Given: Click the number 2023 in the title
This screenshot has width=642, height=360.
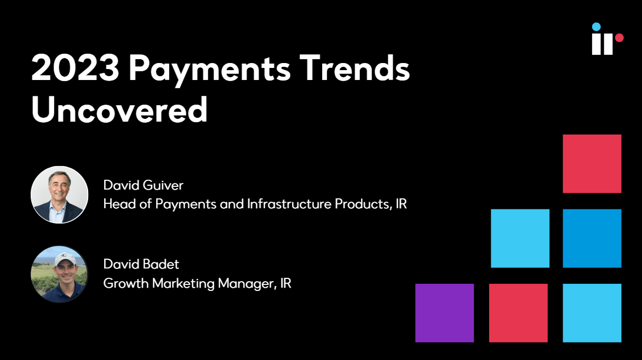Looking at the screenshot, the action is [x=76, y=68].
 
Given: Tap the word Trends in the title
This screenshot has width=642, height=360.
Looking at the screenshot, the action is [x=354, y=68].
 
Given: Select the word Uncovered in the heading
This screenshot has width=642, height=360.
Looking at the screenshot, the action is [x=119, y=110].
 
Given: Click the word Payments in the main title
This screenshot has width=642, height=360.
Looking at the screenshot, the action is [x=210, y=70].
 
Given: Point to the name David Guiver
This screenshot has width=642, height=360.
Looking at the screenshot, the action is [x=144, y=185].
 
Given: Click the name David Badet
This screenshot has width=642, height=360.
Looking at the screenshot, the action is [x=141, y=264].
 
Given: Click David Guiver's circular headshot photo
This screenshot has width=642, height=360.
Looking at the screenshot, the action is [x=59, y=195].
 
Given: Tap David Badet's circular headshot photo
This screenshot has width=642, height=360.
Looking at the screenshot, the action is [x=59, y=274].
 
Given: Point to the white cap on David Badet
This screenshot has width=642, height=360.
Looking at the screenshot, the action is [x=65, y=259].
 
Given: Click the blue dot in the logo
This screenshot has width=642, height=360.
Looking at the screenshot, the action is [x=596, y=27].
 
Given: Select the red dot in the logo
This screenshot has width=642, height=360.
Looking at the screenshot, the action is [x=619, y=38].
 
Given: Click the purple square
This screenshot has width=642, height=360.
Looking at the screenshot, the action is [x=445, y=313].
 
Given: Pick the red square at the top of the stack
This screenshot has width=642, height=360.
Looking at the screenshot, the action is [x=592, y=164].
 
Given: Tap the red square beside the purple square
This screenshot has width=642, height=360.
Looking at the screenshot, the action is [x=518, y=313].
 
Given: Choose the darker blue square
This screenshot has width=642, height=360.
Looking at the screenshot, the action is [x=592, y=238].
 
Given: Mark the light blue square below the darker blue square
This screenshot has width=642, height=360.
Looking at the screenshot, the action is [x=592, y=313].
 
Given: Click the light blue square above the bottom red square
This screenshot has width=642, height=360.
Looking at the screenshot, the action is [x=520, y=238].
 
